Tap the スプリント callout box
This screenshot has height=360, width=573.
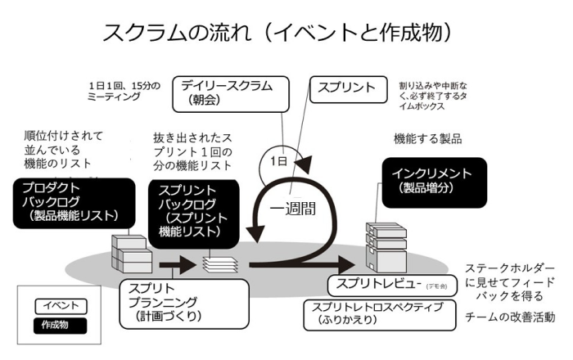click(345, 88)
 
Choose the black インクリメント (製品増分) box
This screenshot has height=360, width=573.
click(433, 182)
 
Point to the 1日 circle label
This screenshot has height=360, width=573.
click(279, 162)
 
